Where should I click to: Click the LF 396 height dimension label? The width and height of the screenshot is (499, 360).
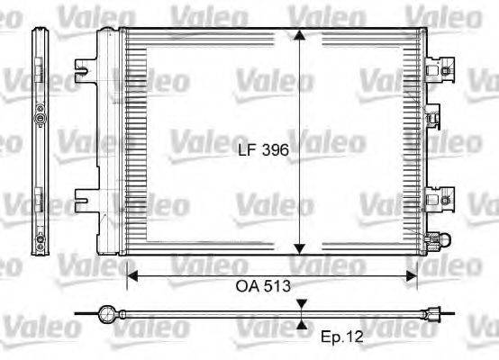[264, 153]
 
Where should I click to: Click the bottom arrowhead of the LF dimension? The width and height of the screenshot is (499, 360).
[300, 253]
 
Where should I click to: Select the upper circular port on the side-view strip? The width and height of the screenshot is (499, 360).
[40, 118]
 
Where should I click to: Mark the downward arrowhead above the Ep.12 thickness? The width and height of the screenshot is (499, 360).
[300, 306]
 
